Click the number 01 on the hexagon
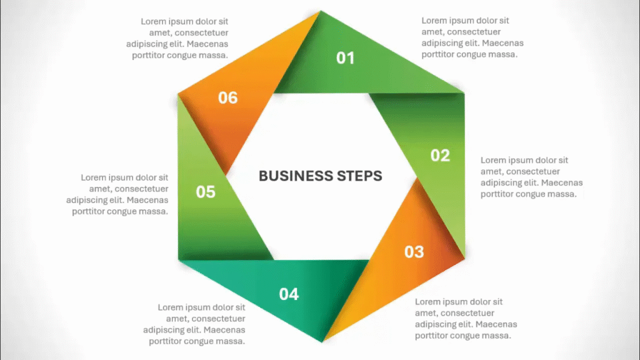pyautogui.click(x=345, y=58)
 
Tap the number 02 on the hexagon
pyautogui.click(x=440, y=156)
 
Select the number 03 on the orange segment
pyautogui.click(x=414, y=252)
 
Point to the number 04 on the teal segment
pyautogui.click(x=289, y=294)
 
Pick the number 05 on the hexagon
pyautogui.click(x=205, y=192)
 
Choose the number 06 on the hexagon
pyautogui.click(x=227, y=97)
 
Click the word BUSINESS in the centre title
pyautogui.click(x=296, y=176)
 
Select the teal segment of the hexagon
pyautogui.click(x=282, y=286)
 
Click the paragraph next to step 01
pyautogui.click(x=472, y=37)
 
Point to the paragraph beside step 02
pyautogui.click(x=531, y=177)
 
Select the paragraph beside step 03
pyautogui.click(x=466, y=319)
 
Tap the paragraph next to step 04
pyautogui.click(x=194, y=324)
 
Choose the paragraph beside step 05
pyautogui.click(x=117, y=194)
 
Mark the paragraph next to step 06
pyautogui.click(x=177, y=38)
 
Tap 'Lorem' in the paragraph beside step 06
pyautogui.click(x=154, y=21)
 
